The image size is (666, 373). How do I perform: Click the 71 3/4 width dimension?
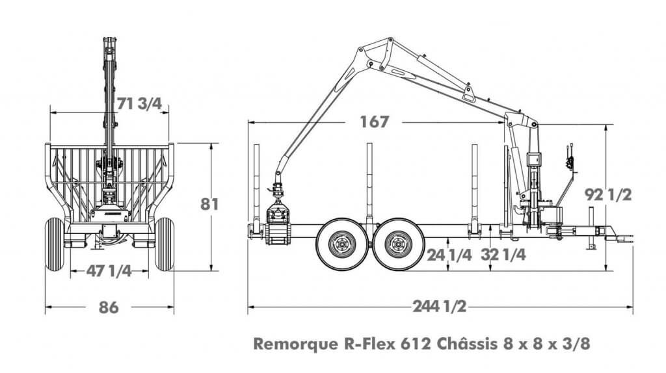(139, 103)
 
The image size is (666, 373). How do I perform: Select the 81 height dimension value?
(209, 204)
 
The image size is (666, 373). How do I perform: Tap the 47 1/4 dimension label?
(109, 272)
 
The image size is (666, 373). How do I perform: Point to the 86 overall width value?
(109, 307)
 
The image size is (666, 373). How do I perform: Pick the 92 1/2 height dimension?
(608, 194)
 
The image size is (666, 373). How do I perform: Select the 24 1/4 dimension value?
(449, 255)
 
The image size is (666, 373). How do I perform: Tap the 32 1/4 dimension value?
(503, 255)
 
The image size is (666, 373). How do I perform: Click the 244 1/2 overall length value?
(440, 307)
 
